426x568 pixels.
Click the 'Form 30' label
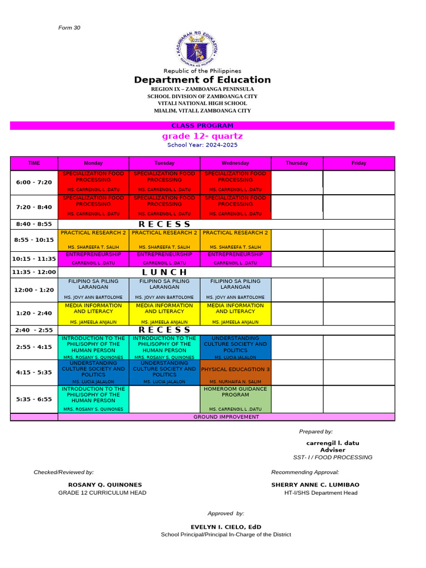point(69,28)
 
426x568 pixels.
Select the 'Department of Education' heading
point(202,80)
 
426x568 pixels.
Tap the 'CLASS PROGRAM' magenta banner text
point(202,126)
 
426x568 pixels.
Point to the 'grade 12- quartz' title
point(202,136)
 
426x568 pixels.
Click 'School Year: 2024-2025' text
point(202,145)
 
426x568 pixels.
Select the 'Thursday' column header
point(297,163)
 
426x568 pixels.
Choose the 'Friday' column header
point(359,163)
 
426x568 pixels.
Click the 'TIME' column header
point(34,163)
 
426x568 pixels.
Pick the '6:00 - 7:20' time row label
point(34,182)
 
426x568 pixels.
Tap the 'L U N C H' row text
point(165,272)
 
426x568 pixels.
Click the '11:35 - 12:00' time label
point(34,272)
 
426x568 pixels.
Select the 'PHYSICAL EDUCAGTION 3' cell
point(236,369)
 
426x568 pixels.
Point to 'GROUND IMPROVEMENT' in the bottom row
point(226,417)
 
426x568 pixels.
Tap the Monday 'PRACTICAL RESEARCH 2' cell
point(93,233)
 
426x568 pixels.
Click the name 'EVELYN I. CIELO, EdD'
point(226,527)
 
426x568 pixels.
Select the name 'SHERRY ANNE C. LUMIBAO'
point(315,485)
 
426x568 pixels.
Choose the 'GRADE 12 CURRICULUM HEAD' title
point(102,493)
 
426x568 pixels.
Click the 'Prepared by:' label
point(316,432)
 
